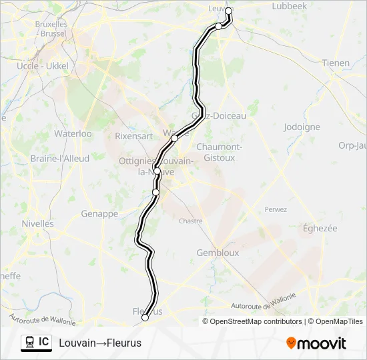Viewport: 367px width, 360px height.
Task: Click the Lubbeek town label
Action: pos(290,6)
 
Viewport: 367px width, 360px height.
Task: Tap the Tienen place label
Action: pos(336,63)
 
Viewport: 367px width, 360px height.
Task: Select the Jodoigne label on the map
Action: pos(302,127)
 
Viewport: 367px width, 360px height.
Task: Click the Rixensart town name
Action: pos(133,136)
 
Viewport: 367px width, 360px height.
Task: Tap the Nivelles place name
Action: pos(37,224)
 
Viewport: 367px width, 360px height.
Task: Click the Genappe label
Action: pos(99,214)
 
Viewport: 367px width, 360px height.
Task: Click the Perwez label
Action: pos(276,209)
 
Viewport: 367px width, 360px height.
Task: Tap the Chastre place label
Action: pos(190,221)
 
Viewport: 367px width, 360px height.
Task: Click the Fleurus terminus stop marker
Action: pos(145,318)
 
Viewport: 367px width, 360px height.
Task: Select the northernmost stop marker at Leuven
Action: pos(229,11)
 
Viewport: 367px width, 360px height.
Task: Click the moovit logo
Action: pos(316,343)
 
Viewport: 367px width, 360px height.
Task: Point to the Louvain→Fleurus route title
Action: pos(100,343)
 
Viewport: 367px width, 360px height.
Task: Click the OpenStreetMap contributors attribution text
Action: pos(256,321)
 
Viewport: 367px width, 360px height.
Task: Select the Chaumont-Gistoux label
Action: pos(218,152)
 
